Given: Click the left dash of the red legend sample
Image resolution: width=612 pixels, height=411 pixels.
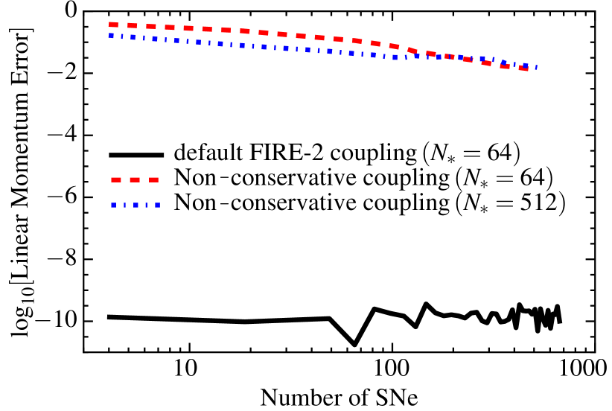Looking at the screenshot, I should [116, 179].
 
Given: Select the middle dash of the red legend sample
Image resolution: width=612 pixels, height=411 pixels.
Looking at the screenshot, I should [135, 179].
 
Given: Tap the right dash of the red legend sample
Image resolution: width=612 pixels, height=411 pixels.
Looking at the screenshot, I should [153, 179].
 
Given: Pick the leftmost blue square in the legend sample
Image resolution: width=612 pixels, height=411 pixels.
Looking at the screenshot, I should [114, 205].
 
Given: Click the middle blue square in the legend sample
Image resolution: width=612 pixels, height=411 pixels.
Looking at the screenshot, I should [136, 205].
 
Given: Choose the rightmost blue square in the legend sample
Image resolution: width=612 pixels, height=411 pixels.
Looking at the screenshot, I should [157, 205].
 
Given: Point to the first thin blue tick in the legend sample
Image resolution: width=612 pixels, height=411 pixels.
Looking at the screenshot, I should [124, 205].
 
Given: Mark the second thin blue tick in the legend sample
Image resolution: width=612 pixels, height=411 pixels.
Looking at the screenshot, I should [146, 205].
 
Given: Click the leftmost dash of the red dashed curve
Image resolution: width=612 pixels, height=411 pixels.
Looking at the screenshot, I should [113, 25].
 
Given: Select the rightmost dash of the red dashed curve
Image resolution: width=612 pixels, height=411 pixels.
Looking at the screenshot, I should [523, 68].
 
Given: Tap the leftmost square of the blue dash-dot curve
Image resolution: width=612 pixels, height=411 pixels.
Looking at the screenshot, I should [111, 35].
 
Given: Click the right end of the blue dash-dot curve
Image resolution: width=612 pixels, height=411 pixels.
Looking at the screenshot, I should [535, 67].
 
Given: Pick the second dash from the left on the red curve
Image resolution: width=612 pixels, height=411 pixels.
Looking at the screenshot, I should [132, 25].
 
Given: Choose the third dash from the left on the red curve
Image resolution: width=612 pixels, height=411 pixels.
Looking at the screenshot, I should [151, 26].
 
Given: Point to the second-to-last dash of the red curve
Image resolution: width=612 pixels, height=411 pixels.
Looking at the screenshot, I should [506, 66].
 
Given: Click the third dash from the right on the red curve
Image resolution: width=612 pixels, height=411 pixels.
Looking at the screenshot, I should [487, 63].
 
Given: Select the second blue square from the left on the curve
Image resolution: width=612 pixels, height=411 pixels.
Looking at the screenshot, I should [133, 36].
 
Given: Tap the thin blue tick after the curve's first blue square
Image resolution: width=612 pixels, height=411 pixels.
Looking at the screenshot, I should [122, 36].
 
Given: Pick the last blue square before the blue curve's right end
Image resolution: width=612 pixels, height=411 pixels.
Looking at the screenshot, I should [525, 66].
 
